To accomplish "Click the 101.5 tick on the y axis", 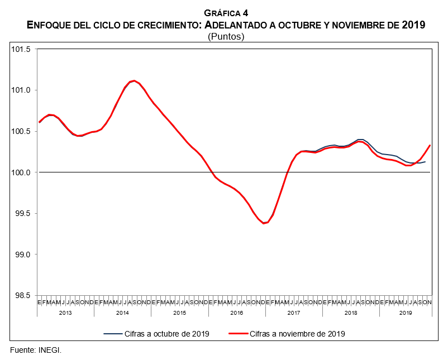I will click(21, 50).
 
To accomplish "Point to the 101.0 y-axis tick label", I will click(21, 90).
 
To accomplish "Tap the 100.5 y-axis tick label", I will click(21, 132).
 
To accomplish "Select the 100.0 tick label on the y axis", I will click(21, 172).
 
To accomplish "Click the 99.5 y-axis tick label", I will click(22, 214).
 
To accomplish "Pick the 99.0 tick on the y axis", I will click(22, 255).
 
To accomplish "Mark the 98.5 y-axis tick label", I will click(22, 296).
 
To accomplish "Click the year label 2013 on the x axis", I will click(65, 313).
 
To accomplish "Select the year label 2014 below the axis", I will click(122, 313).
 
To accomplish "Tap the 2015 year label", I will click(179, 313).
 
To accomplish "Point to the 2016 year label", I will click(237, 313).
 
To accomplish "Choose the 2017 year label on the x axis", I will click(294, 313).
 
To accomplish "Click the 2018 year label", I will click(351, 313).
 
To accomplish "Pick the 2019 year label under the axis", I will click(406, 313).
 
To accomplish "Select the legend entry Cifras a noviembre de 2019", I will click(297, 334).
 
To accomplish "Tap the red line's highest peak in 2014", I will click(135, 81).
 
